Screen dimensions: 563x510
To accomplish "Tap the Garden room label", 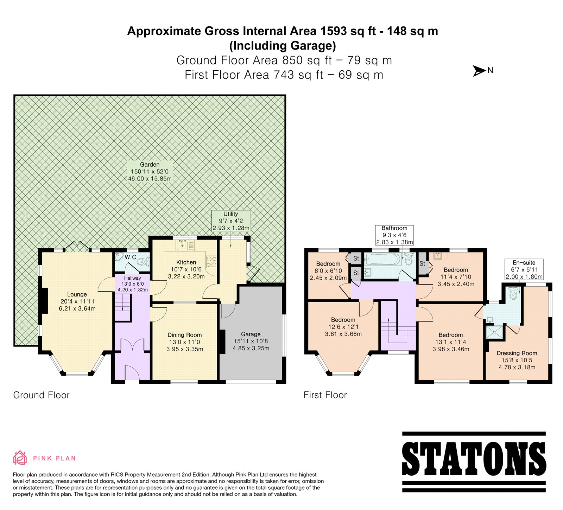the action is [150, 165].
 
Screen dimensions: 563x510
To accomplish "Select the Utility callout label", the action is [231, 221].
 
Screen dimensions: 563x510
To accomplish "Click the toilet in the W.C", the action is [143, 261].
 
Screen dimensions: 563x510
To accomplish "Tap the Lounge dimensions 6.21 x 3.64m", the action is [77, 308].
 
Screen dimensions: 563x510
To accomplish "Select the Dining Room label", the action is [185, 335].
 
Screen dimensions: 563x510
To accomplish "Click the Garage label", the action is [251, 334].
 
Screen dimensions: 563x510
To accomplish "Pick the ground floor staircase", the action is [123, 307].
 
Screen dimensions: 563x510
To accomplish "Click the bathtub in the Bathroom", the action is [383, 260].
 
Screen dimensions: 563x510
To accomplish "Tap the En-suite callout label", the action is [524, 269].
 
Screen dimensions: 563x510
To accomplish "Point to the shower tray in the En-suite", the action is [494, 332].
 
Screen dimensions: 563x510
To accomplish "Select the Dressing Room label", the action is [517, 353].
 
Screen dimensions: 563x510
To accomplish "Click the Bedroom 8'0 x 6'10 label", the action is [328, 271].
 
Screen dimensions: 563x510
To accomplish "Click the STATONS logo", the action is [474, 461].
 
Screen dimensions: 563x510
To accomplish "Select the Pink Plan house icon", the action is [20, 458].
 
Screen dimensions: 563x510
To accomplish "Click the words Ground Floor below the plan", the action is [42, 395].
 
